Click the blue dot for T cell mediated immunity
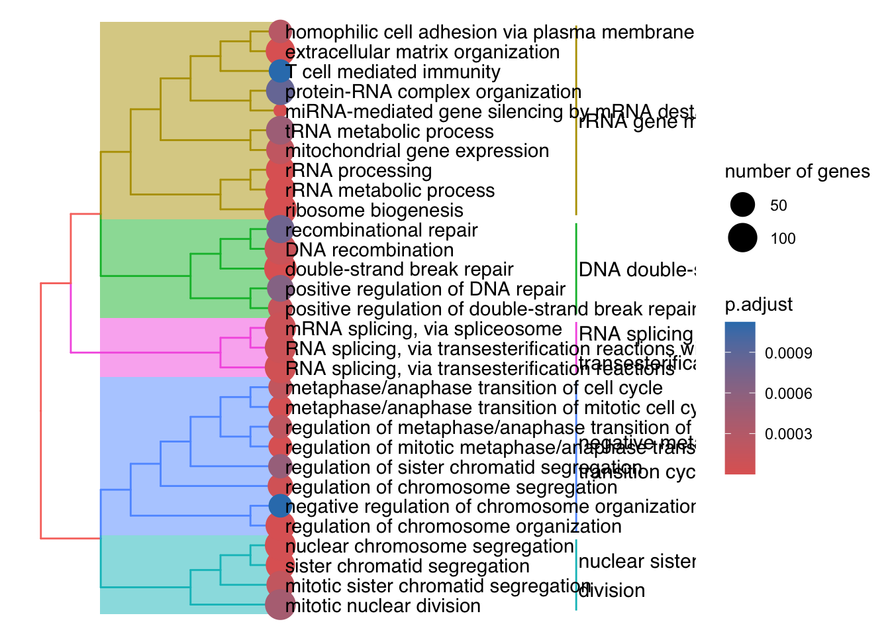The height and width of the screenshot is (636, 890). tap(280, 71)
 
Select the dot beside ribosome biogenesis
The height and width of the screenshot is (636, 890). tap(280, 209)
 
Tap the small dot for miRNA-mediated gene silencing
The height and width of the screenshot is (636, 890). tap(280, 111)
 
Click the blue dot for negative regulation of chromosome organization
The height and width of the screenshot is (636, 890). tap(280, 506)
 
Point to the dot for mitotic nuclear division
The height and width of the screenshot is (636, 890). tap(280, 605)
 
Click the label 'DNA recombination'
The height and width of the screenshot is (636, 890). tap(370, 250)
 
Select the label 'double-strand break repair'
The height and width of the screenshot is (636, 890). tap(399, 270)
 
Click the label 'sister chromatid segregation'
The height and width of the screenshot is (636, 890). tap(407, 566)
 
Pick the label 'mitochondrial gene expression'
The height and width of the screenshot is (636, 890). tap(417, 151)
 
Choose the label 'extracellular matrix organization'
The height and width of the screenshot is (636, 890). tap(422, 52)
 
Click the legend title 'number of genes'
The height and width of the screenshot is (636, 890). tap(797, 172)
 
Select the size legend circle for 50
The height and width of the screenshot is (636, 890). tap(743, 205)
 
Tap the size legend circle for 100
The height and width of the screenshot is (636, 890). tap(743, 238)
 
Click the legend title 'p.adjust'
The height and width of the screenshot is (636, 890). tap(759, 304)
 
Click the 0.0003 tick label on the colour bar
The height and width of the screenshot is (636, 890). tap(788, 434)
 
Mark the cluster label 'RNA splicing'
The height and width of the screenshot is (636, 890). tap(636, 334)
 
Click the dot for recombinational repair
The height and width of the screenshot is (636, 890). tap(280, 229)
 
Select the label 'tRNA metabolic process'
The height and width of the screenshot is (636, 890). tap(389, 131)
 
